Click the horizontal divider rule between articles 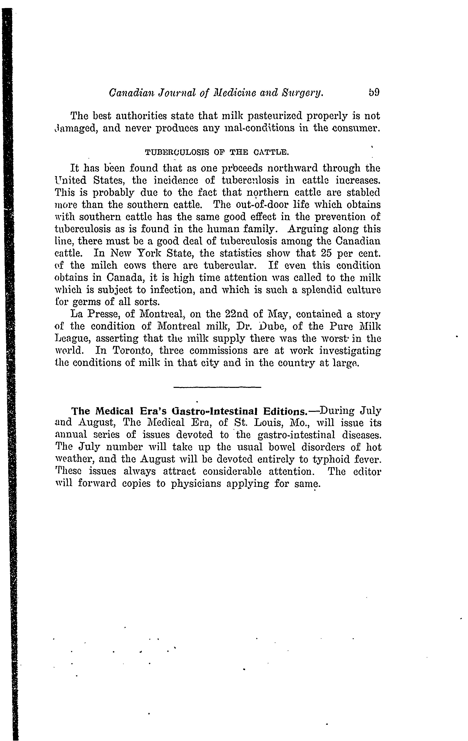pyautogui.click(x=217, y=387)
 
